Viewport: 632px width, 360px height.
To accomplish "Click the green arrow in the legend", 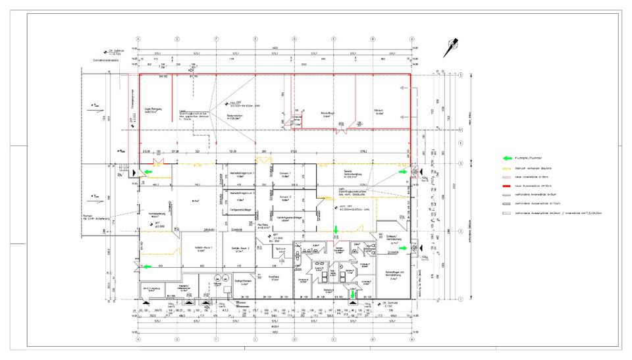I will point(508,158).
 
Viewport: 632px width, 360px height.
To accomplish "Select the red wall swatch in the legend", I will point(508,186).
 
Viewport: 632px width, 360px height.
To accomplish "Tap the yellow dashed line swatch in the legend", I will point(508,167).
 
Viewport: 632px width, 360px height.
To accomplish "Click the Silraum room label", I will point(379,113).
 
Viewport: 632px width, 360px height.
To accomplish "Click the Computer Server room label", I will point(297,117).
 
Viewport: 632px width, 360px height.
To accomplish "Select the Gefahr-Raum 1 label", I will point(201,248).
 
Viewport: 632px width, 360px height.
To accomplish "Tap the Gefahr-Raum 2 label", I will point(239,248).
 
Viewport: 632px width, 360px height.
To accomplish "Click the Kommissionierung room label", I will point(157,215).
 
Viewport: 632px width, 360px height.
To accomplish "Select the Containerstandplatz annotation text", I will point(106,60).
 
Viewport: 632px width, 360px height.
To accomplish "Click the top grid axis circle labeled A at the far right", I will point(411,38).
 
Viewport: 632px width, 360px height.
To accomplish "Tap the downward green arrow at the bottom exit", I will point(353,294).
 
